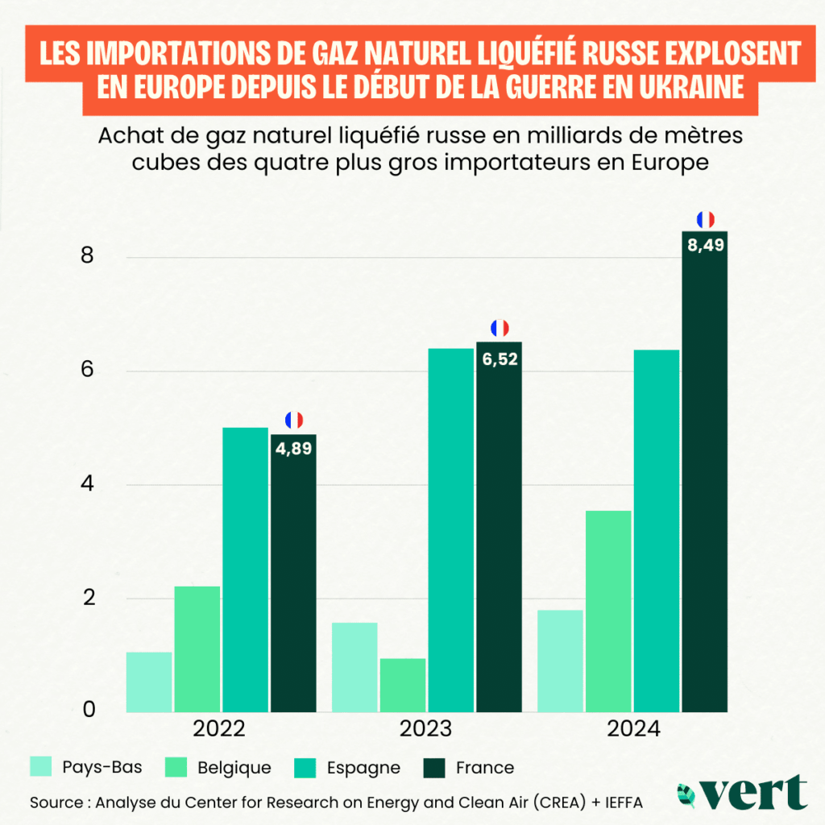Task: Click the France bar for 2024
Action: [705, 483]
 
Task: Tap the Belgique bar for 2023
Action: [403, 685]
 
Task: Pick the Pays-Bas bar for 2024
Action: [560, 661]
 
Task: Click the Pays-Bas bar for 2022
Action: [149, 682]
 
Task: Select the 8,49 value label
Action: [705, 245]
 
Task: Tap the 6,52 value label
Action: [500, 355]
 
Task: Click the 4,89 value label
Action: [293, 447]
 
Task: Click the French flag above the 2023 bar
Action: [500, 328]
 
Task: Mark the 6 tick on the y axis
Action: [88, 371]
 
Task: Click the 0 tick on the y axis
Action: [88, 709]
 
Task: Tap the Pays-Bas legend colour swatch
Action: [42, 767]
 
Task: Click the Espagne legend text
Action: [363, 767]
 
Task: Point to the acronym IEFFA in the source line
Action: [621, 802]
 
